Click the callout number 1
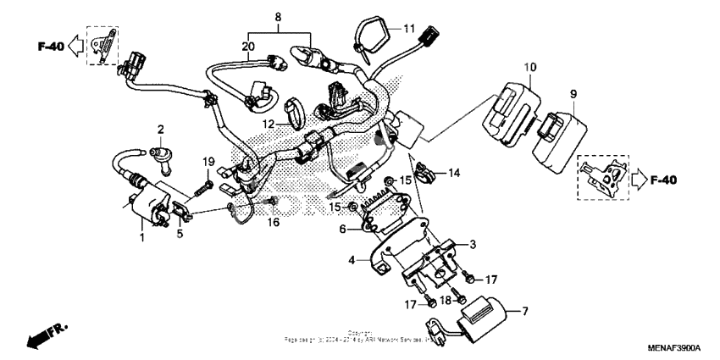click(142, 238)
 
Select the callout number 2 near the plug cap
click(159, 129)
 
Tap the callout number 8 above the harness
click(276, 17)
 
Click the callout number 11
click(410, 29)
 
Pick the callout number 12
click(267, 124)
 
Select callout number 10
click(530, 66)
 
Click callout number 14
click(454, 173)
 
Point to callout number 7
click(524, 312)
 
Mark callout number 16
click(274, 222)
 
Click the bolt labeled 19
click(207, 181)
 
